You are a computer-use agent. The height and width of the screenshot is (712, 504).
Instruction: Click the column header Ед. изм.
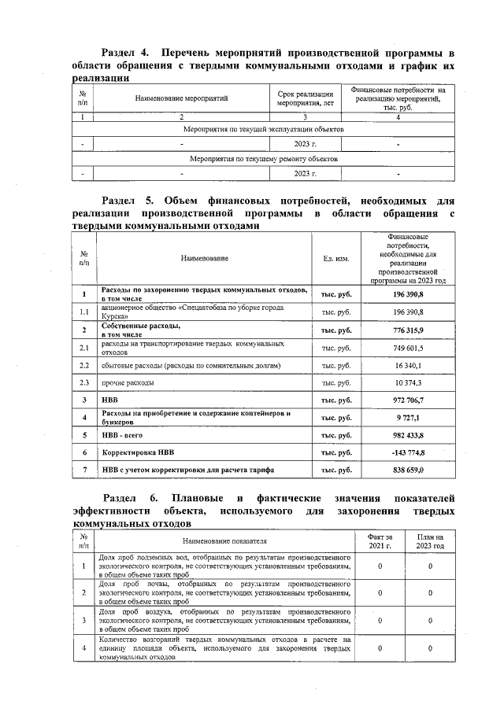(x=336, y=258)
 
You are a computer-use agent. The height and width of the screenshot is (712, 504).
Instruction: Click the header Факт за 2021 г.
(x=380, y=541)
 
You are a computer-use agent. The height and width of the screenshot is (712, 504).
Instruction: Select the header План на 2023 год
(x=431, y=541)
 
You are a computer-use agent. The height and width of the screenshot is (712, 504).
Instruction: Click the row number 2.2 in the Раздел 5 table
(x=84, y=365)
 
